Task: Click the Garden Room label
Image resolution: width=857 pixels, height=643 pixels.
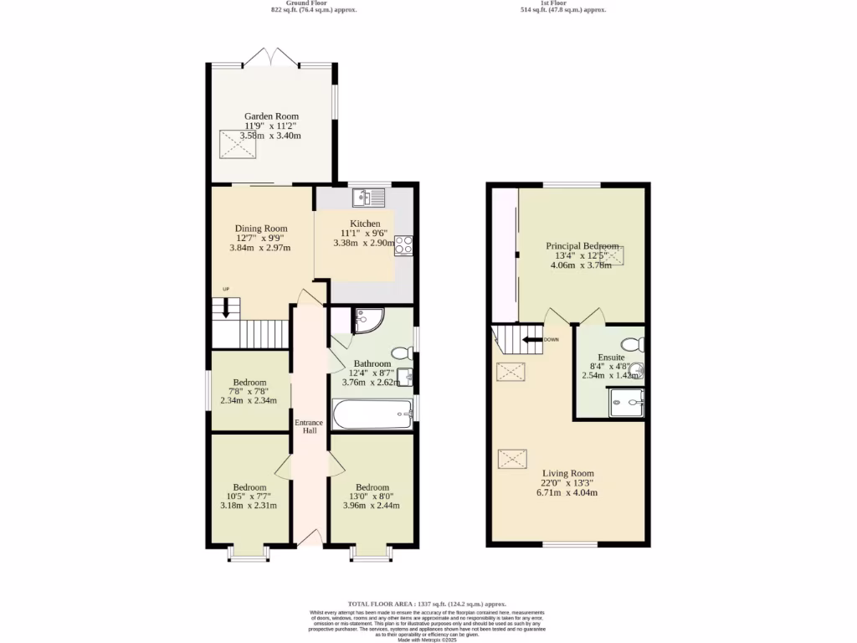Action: [271, 116]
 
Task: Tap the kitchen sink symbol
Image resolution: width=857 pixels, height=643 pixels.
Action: [369, 198]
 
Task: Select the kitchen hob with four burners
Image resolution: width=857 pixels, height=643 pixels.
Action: [403, 245]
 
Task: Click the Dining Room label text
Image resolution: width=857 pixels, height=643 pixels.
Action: [261, 229]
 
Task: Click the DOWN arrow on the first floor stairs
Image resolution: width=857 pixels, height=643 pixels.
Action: [531, 340]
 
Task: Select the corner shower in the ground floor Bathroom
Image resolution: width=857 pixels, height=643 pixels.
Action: [367, 320]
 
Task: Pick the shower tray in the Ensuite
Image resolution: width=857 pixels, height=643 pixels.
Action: [627, 403]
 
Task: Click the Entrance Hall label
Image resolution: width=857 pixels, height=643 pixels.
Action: [309, 427]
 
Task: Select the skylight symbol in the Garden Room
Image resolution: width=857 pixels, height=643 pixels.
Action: [238, 145]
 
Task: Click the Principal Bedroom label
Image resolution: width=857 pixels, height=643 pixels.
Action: [582, 246]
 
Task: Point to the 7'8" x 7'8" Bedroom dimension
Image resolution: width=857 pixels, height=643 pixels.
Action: [249, 391]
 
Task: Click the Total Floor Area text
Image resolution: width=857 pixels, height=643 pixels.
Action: [428, 603]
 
